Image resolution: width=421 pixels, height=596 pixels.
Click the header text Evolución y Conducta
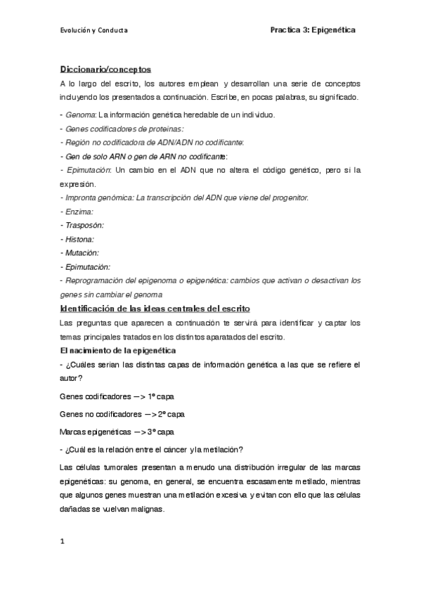click(x=93, y=30)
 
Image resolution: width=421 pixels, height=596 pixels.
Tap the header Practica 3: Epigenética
click(x=313, y=30)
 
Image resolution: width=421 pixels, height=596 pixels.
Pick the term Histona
click(x=82, y=238)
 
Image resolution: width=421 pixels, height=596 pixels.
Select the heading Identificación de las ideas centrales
click(x=150, y=309)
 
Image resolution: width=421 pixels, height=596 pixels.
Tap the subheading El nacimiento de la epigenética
click(x=117, y=349)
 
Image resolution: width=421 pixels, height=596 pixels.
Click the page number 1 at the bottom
click(x=63, y=541)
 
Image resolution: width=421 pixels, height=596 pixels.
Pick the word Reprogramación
click(x=98, y=279)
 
